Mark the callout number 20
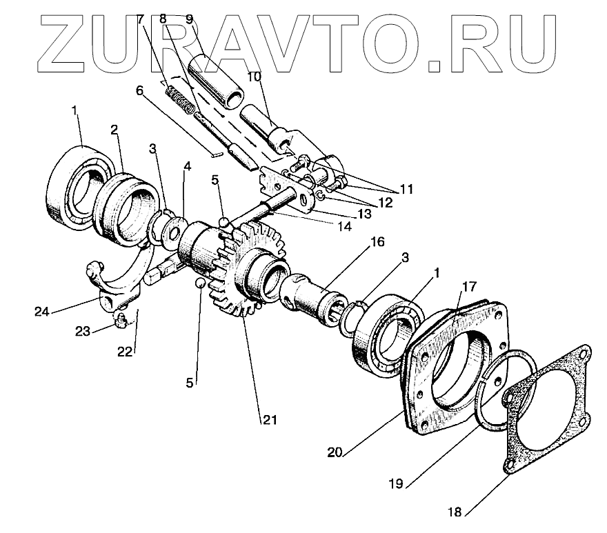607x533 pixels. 335,452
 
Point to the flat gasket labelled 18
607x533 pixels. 552,414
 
